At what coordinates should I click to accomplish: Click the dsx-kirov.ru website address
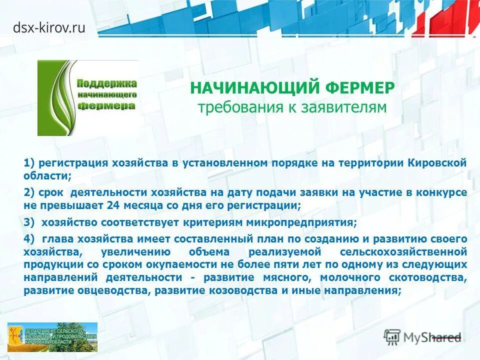click(49, 28)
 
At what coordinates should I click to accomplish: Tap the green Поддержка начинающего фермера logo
click(88, 98)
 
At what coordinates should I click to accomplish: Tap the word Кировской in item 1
click(437, 162)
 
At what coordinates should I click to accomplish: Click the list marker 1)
click(28, 162)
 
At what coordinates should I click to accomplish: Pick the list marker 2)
click(28, 192)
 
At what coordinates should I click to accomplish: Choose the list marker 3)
click(28, 222)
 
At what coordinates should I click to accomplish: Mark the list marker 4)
click(28, 239)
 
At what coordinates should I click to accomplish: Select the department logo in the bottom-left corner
click(52, 337)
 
